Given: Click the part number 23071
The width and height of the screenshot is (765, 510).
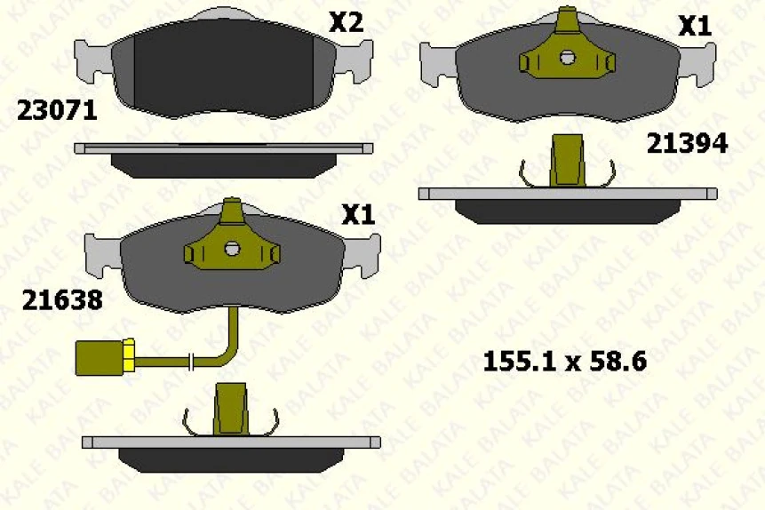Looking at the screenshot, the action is pyautogui.click(x=57, y=110).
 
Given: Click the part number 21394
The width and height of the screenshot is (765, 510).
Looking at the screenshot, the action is pyautogui.click(x=687, y=143).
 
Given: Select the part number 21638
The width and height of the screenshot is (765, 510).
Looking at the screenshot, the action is pyautogui.click(x=62, y=299).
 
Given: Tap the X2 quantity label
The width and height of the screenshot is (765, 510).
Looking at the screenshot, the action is pyautogui.click(x=346, y=22).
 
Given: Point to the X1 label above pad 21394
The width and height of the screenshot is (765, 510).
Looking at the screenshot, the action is pyautogui.click(x=695, y=26).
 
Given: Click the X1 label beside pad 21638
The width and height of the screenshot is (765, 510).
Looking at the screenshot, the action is pyautogui.click(x=358, y=214).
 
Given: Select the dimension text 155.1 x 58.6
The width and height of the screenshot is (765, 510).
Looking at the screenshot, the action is pyautogui.click(x=564, y=362).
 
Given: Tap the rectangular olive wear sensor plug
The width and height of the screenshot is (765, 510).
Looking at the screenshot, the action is pyautogui.click(x=100, y=358).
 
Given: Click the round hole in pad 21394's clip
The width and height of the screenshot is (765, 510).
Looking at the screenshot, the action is pyautogui.click(x=567, y=58).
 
